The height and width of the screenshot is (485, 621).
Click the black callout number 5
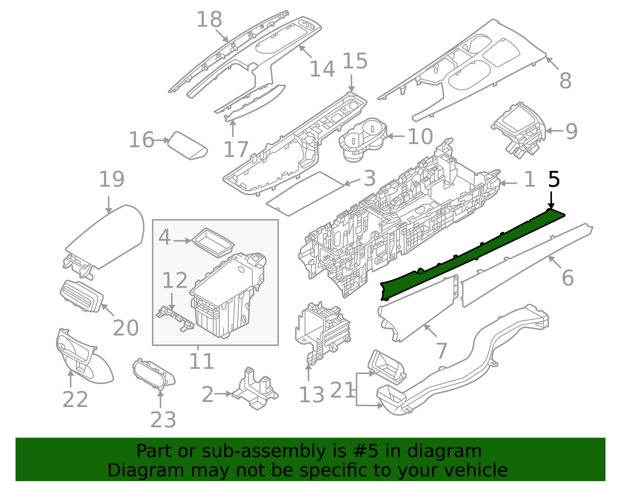click(554, 180)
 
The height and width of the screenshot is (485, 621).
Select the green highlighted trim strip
click(466, 256)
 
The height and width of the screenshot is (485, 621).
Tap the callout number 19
click(111, 180)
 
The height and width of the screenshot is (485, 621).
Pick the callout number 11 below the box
click(201, 362)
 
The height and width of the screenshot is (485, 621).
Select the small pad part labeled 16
click(189, 146)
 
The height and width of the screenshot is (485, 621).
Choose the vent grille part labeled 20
click(81, 296)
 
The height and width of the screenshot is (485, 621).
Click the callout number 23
click(163, 420)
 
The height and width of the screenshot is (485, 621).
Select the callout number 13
click(311, 395)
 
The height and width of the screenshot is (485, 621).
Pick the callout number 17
click(236, 149)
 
